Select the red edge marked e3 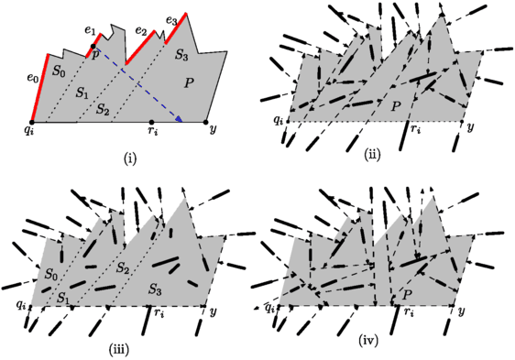point(177,28)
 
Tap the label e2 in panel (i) point(140,30)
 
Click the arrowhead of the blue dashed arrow point(181,119)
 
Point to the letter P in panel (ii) point(396,107)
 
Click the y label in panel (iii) point(213,313)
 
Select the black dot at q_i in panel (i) point(31,121)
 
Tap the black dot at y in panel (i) point(207,121)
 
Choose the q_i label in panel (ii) point(278,120)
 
